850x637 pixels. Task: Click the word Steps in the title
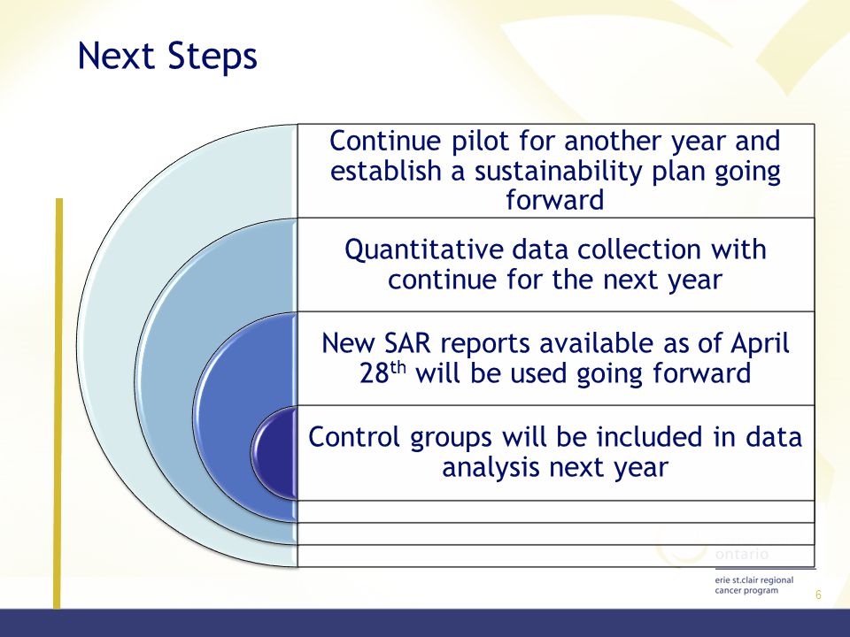[x=212, y=57]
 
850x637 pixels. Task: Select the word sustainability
[x=559, y=171]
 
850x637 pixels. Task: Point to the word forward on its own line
[x=554, y=200]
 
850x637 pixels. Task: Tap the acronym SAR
[x=407, y=343]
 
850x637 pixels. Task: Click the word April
[x=760, y=344]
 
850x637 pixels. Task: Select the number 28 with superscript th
[x=382, y=372]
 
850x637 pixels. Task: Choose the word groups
[x=451, y=438]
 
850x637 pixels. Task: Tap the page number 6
[x=818, y=595]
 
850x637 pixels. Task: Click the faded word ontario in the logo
[x=742, y=554]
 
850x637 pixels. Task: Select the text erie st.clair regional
[x=754, y=580]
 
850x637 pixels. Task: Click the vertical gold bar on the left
[x=58, y=403]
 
